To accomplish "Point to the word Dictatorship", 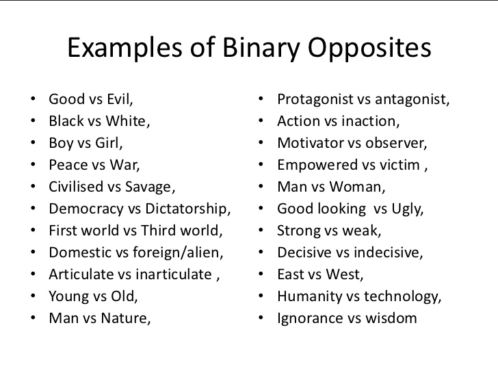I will click(189, 209).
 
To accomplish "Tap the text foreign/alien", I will click(181, 253).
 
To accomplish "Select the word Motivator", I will click(309, 143).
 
